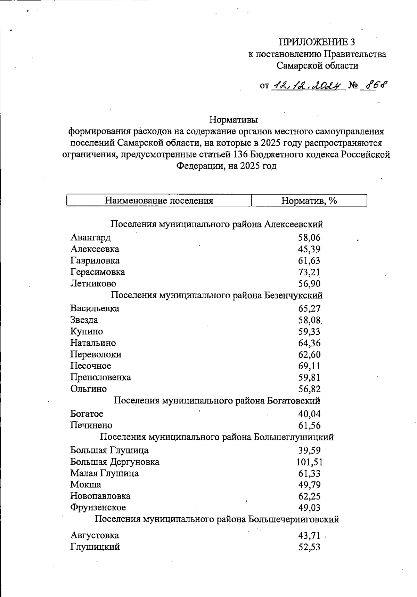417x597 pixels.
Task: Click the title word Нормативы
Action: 234,120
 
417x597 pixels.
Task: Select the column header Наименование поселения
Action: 159,201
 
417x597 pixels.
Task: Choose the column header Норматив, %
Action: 309,201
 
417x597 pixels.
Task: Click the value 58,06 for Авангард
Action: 309,238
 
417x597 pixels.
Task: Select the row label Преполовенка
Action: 100,377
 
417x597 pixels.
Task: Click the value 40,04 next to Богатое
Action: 309,414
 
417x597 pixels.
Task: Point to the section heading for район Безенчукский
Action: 217,295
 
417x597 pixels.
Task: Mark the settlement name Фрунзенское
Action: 98,507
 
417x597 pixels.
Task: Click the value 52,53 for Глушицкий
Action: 309,547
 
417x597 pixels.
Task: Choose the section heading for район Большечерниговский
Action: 217,519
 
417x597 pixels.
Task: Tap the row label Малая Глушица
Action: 104,473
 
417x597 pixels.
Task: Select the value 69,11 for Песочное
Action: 309,366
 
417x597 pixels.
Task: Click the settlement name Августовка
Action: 95,535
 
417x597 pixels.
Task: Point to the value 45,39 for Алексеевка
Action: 309,249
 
